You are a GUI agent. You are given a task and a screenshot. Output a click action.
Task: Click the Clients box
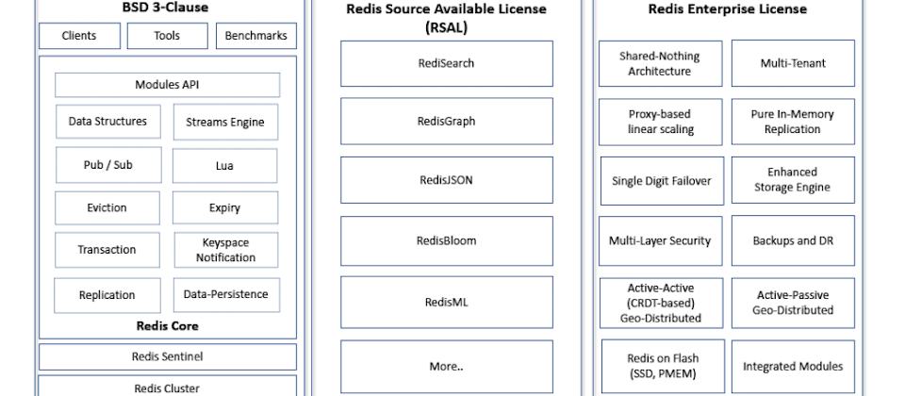pos(79,36)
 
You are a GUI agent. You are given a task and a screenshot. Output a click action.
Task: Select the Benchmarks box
pos(256,36)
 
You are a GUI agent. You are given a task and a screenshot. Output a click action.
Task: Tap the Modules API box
pos(168,85)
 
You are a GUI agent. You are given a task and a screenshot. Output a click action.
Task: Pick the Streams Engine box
pos(225,122)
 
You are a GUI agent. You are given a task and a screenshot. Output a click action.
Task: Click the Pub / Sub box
pos(107,165)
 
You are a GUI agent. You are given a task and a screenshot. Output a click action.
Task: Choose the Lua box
pos(224,166)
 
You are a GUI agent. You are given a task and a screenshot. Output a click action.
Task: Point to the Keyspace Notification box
pos(225,250)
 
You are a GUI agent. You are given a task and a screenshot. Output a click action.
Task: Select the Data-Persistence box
pos(226,294)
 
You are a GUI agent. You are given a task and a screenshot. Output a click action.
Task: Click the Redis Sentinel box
pos(168,356)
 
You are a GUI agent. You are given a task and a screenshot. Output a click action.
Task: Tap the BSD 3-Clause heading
pos(166,8)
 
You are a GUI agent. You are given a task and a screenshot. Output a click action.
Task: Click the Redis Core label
pos(168,325)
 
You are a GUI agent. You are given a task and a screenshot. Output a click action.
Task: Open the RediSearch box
pos(447,63)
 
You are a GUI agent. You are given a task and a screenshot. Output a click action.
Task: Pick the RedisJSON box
pos(447,180)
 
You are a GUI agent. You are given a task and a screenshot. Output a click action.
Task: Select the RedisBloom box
pos(447,240)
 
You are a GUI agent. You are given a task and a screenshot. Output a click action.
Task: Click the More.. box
pos(447,367)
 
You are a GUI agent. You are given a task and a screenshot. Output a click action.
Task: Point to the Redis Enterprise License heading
pos(727,9)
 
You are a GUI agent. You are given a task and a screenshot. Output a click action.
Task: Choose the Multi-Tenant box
pos(793,63)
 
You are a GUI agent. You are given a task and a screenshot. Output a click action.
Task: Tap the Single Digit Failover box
pos(662,181)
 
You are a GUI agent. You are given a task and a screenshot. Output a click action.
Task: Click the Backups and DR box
pos(793,240)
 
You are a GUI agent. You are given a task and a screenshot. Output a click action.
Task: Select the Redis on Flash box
pos(663,366)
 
